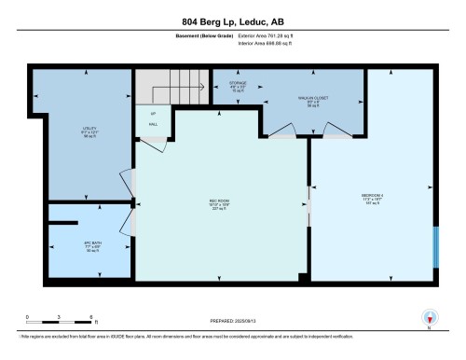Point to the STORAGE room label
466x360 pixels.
[x=237, y=87]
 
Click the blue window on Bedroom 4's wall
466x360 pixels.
[x=435, y=245]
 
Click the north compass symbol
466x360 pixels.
[x=429, y=317]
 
